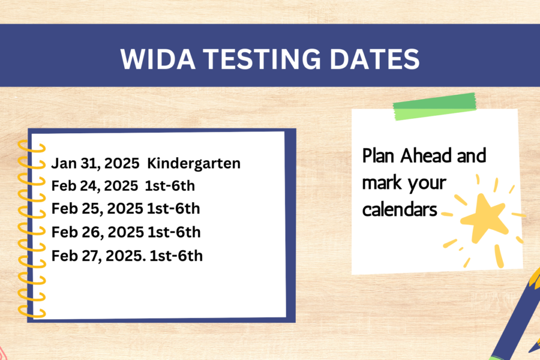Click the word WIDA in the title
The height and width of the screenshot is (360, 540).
point(158,59)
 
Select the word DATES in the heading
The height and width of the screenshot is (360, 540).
point(374,59)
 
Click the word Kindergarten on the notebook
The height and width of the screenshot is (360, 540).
point(194,163)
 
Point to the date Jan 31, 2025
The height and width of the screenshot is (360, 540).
point(95,163)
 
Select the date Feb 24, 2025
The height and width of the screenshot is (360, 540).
point(95,186)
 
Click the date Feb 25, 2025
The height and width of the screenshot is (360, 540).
point(97,209)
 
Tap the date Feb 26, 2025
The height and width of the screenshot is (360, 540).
point(97,232)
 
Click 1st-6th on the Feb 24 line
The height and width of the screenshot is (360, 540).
point(170,186)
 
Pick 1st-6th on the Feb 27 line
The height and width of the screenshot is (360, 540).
point(176,256)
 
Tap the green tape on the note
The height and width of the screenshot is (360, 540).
point(435,106)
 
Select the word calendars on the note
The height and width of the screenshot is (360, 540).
point(400,209)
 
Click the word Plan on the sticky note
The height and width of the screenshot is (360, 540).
point(378,156)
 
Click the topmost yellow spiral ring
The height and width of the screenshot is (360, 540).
point(32,147)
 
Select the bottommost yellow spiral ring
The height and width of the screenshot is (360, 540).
point(32,312)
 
